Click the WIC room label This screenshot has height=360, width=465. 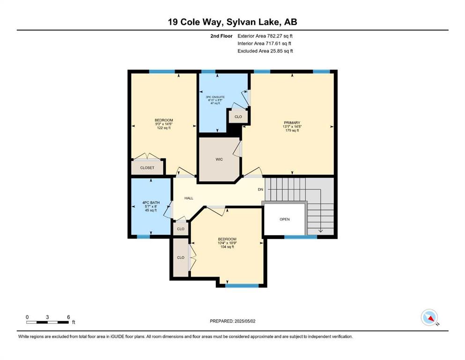click(219, 159)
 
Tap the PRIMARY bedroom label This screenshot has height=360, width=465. click(292, 122)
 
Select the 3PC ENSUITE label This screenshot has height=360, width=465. click(215, 97)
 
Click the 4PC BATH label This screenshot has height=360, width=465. click(151, 202)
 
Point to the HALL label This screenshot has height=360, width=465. click(189, 198)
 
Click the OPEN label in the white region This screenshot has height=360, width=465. click(285, 219)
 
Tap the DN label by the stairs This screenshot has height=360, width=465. click(260, 189)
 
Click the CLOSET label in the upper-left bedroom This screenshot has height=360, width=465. click(148, 168)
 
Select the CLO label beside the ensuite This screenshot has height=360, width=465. click(238, 117)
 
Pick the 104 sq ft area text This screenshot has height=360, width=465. click(227, 247)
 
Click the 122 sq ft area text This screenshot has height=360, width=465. click(164, 128)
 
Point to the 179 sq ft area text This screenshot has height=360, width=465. click(292, 130)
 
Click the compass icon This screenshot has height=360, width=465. click(429, 317)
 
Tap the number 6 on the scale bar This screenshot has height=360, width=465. click(68, 317)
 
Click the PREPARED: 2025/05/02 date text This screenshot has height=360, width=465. click(232, 321)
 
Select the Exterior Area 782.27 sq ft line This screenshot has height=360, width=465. click(265, 36)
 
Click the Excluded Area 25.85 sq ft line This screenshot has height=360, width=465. click(265, 51)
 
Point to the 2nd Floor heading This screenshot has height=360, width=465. click(221, 36)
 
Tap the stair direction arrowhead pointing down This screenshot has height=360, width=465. click(321, 231)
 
